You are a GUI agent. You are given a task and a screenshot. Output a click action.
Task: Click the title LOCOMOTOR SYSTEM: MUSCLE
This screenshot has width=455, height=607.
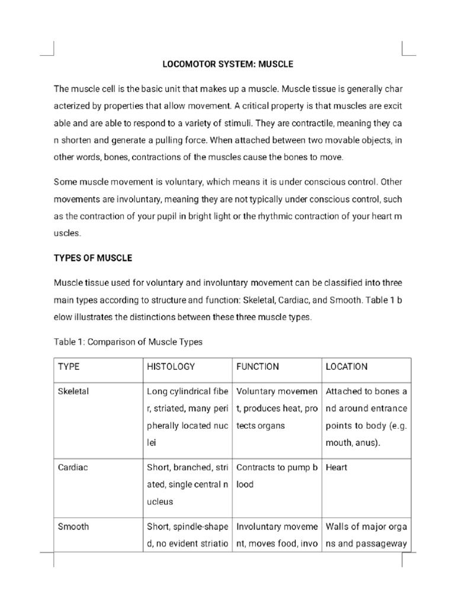(x=228, y=63)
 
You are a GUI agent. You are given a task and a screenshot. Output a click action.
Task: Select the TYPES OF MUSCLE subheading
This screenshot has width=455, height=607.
(x=93, y=258)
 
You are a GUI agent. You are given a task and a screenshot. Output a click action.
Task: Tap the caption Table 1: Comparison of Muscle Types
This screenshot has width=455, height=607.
(x=128, y=341)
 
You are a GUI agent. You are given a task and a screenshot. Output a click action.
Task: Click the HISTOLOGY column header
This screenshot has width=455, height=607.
(x=171, y=367)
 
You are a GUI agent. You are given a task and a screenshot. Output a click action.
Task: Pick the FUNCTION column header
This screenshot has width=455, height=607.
(x=258, y=367)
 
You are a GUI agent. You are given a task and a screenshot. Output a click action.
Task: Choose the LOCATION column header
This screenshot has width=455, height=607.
(x=347, y=367)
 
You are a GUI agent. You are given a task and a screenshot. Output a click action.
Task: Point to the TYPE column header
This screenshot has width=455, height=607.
(x=69, y=367)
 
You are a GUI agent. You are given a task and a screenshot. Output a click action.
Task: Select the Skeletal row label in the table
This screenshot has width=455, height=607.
(x=73, y=392)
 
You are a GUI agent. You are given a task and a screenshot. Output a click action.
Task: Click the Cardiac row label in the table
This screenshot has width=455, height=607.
(x=72, y=467)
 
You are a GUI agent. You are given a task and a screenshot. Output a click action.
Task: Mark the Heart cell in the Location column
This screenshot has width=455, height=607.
(x=337, y=467)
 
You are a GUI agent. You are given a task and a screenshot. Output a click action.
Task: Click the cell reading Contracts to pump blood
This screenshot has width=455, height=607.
(x=277, y=475)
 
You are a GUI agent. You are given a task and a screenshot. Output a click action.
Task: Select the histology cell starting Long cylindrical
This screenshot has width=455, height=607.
(x=187, y=417)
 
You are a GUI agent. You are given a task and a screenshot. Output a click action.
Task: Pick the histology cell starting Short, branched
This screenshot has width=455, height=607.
(x=187, y=484)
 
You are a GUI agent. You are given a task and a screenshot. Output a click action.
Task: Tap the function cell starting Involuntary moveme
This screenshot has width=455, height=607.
(x=277, y=534)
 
